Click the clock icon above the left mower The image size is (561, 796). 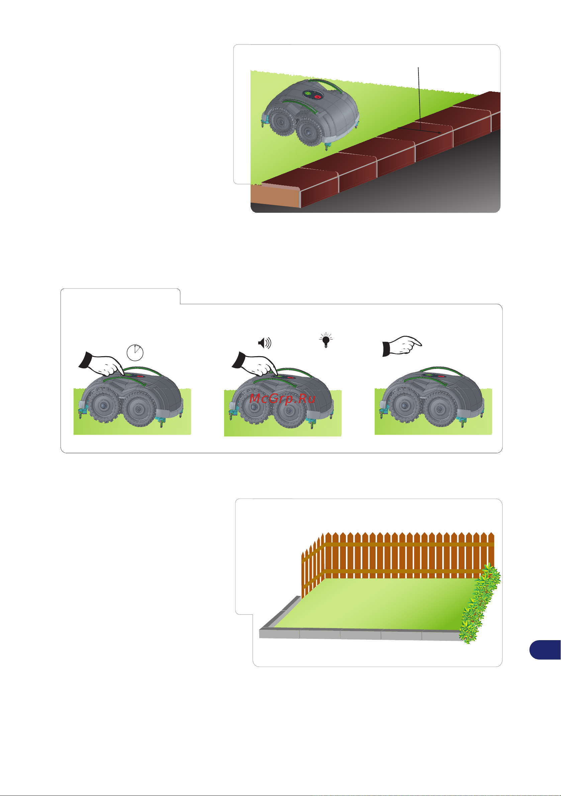point(135,353)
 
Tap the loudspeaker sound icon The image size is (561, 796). point(265,343)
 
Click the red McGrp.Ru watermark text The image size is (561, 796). point(282,398)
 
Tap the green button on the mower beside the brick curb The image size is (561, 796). point(307,93)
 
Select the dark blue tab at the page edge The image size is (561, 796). point(545,650)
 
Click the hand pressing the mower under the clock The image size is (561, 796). point(101,364)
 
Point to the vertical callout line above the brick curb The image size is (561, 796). point(419,99)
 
